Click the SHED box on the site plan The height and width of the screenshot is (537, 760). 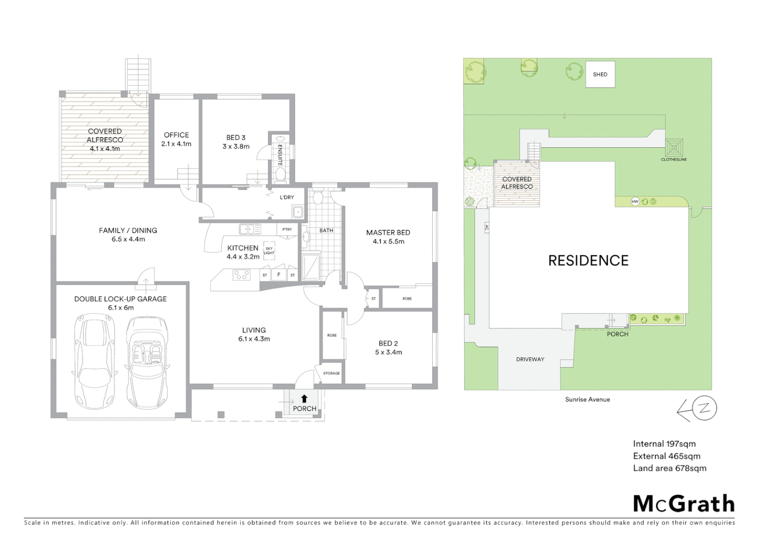tap(600, 75)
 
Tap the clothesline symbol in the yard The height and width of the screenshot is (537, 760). tap(674, 148)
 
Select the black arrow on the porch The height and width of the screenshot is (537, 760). tap(304, 398)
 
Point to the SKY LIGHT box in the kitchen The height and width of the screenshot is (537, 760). tap(269, 251)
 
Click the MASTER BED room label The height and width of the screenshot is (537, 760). tap(388, 232)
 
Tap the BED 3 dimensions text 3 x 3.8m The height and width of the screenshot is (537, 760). tap(236, 147)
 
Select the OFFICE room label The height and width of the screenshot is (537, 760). tap(176, 135)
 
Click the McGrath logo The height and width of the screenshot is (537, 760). tap(683, 504)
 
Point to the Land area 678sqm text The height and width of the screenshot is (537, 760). tap(669, 468)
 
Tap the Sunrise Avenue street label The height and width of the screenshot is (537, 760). tap(587, 399)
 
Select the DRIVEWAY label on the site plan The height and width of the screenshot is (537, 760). tap(530, 359)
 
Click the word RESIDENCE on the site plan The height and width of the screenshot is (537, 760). tap(588, 261)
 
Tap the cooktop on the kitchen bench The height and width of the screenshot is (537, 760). tap(242, 274)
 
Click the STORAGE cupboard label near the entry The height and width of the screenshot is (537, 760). tap(331, 373)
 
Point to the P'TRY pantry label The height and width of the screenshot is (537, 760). tap(287, 229)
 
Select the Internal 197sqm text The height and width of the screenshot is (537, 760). tap(664, 444)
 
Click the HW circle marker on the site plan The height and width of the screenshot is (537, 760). tap(635, 201)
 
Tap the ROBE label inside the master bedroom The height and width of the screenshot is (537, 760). tap(407, 298)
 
